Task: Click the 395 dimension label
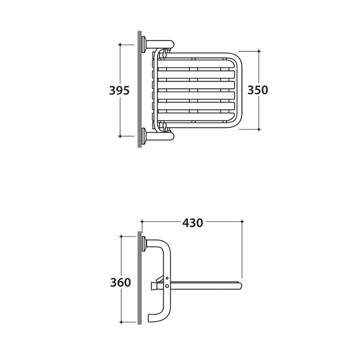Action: pos(119,90)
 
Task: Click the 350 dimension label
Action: pos(258,90)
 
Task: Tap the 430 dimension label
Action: pos(193,223)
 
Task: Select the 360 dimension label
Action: pos(120,282)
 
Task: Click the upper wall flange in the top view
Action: pos(144,44)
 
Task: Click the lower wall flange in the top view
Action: pos(144,136)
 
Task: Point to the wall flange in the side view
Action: pos(144,244)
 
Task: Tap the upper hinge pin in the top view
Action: pos(165,54)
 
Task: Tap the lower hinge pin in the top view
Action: pos(165,126)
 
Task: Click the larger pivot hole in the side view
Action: pos(167,286)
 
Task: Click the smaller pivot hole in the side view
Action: pos(167,278)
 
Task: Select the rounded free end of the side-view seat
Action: pos(240,286)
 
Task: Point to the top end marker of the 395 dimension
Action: pos(120,45)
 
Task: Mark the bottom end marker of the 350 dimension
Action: pos(259,129)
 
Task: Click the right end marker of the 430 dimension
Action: pos(242,222)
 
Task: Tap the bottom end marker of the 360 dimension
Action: pos(121,322)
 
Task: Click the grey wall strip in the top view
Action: pos(139,89)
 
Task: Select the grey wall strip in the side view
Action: pos(139,278)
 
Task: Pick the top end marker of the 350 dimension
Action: pos(259,51)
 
